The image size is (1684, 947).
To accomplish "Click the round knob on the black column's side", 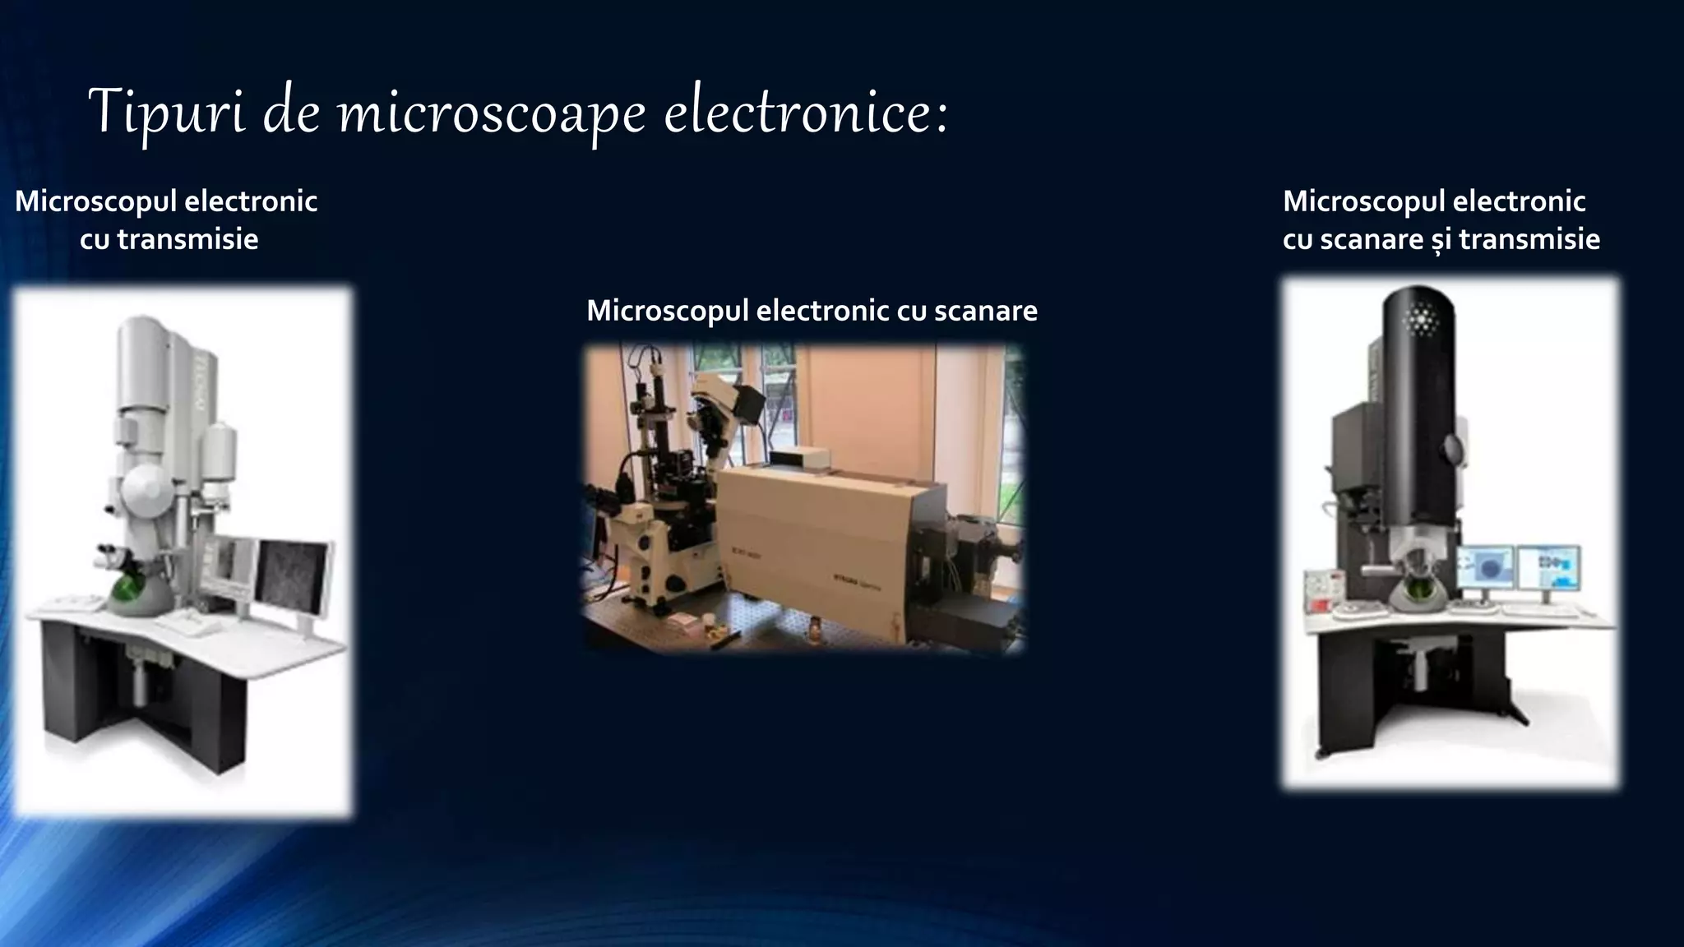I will (1452, 448).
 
